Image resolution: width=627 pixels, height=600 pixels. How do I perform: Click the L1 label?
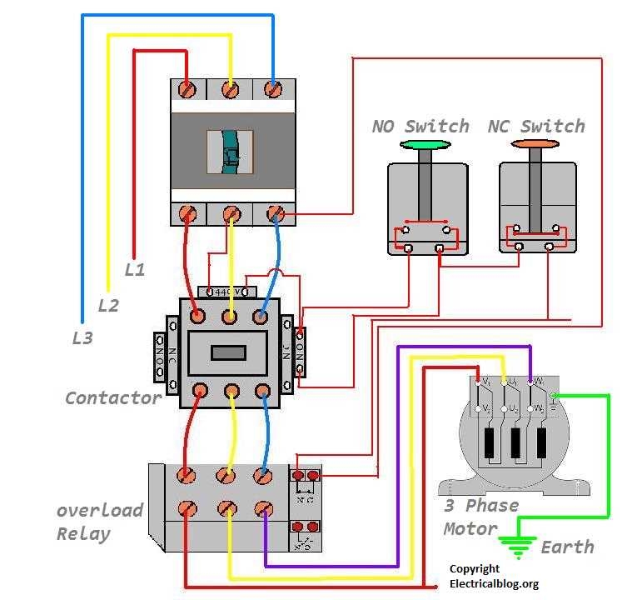(x=135, y=270)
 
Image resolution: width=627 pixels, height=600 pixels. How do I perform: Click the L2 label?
(x=108, y=306)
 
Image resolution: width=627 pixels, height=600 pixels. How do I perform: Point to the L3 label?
(x=82, y=338)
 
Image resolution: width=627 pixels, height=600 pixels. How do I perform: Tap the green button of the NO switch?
(x=425, y=145)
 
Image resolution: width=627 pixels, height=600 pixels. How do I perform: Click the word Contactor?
(x=113, y=398)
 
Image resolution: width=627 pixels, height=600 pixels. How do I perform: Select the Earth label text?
(x=567, y=547)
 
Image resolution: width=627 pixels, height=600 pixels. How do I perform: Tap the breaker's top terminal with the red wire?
(x=189, y=88)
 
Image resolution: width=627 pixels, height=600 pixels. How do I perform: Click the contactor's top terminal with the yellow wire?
(x=230, y=316)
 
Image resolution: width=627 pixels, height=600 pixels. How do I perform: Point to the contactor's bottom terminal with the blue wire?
(x=262, y=390)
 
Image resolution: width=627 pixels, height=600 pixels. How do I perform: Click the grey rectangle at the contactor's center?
(x=229, y=352)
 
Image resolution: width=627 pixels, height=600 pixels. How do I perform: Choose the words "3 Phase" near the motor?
(x=480, y=506)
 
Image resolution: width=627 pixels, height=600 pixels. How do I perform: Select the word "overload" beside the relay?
(x=100, y=510)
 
